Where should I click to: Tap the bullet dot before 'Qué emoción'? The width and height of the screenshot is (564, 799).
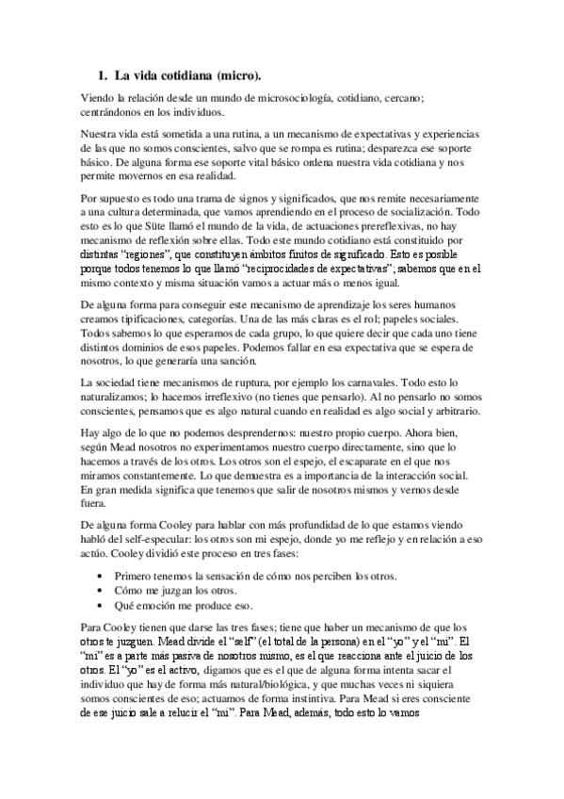point(101,605)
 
